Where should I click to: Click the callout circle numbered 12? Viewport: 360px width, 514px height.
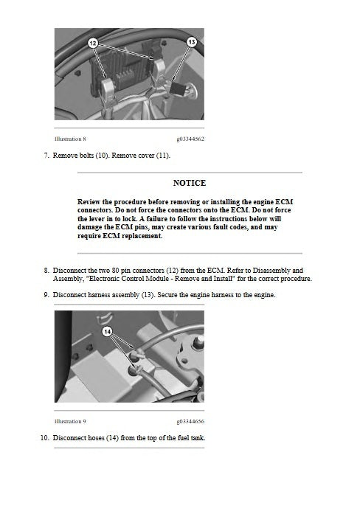[x=93, y=44]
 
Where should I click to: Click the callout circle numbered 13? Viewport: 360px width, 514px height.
[x=191, y=43]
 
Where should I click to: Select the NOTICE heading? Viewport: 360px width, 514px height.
[x=189, y=183]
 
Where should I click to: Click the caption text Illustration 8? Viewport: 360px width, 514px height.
[x=70, y=139]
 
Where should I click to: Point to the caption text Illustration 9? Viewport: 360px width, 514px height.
[x=70, y=421]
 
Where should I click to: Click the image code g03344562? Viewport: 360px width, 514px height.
[x=190, y=139]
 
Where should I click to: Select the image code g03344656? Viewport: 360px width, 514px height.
[x=190, y=421]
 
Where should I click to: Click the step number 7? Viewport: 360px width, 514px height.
[x=46, y=156]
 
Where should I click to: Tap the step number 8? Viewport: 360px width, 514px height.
[x=46, y=271]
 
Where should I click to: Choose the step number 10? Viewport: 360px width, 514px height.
[x=44, y=438]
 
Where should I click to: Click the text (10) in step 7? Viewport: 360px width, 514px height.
[x=104, y=156]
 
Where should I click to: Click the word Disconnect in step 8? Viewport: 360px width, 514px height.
[x=71, y=271]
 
